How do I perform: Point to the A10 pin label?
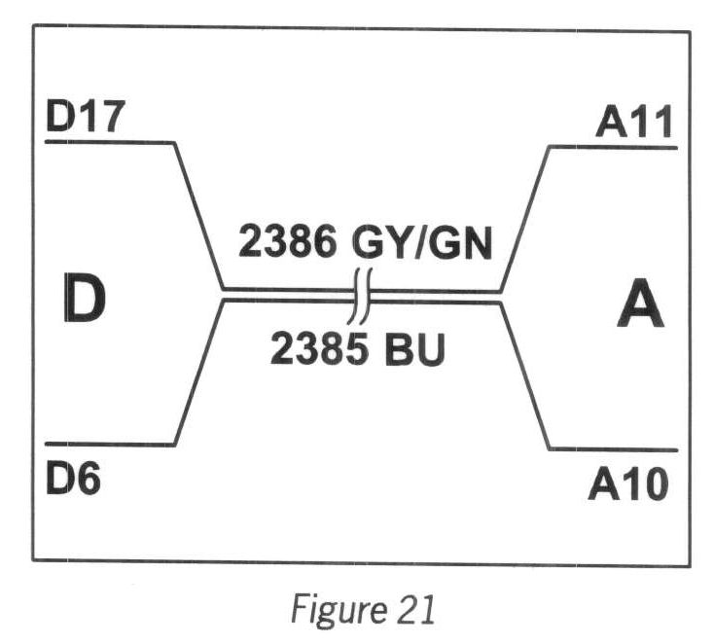(x=627, y=483)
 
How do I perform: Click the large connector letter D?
(x=84, y=300)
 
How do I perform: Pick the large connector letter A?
(x=640, y=308)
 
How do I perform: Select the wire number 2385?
(x=309, y=350)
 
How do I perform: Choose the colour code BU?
(x=411, y=350)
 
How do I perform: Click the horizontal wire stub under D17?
(x=109, y=143)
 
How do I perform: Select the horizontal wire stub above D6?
(x=109, y=445)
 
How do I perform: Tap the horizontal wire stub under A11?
(x=613, y=147)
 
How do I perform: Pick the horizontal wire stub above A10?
(x=613, y=448)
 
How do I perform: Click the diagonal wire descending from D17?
(x=199, y=216)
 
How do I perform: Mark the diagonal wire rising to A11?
(x=525, y=218)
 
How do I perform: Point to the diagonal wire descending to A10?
(x=525, y=375)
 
